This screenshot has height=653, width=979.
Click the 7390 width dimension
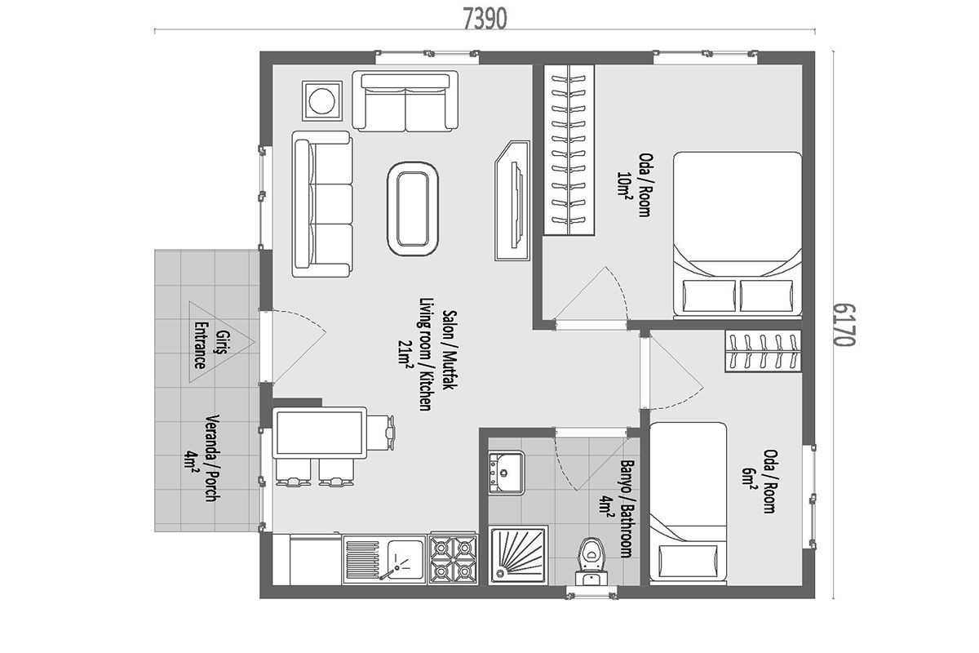click(x=485, y=20)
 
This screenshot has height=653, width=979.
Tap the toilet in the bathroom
click(x=591, y=561)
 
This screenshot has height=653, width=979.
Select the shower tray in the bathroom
click(x=519, y=556)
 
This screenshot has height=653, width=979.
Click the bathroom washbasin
click(x=506, y=473)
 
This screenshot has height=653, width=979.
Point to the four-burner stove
click(x=453, y=559)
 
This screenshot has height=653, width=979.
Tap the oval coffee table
click(x=413, y=209)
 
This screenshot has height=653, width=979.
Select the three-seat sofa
click(x=322, y=204)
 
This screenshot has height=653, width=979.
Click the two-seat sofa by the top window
click(x=405, y=101)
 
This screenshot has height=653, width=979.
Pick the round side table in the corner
click(x=322, y=100)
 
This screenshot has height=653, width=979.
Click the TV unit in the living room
click(x=512, y=200)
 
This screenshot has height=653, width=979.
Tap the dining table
click(x=320, y=433)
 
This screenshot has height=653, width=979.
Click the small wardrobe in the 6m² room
click(x=763, y=351)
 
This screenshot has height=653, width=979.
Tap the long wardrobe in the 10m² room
click(x=569, y=149)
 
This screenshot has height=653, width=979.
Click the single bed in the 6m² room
click(x=688, y=503)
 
